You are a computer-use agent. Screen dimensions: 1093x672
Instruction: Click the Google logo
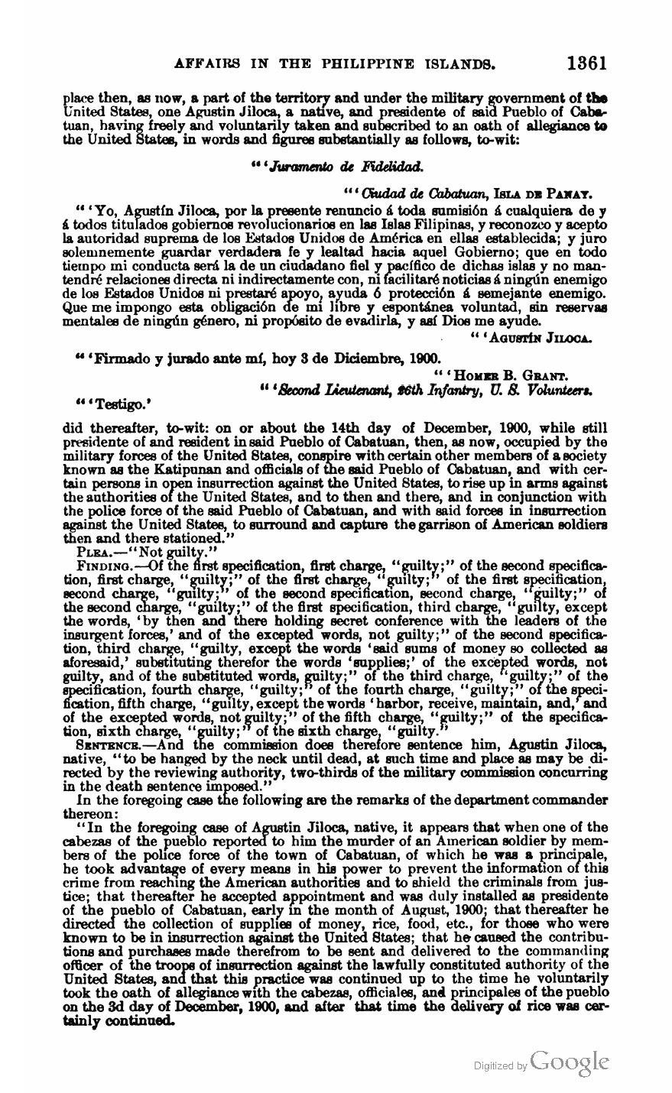coord(569,1060)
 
